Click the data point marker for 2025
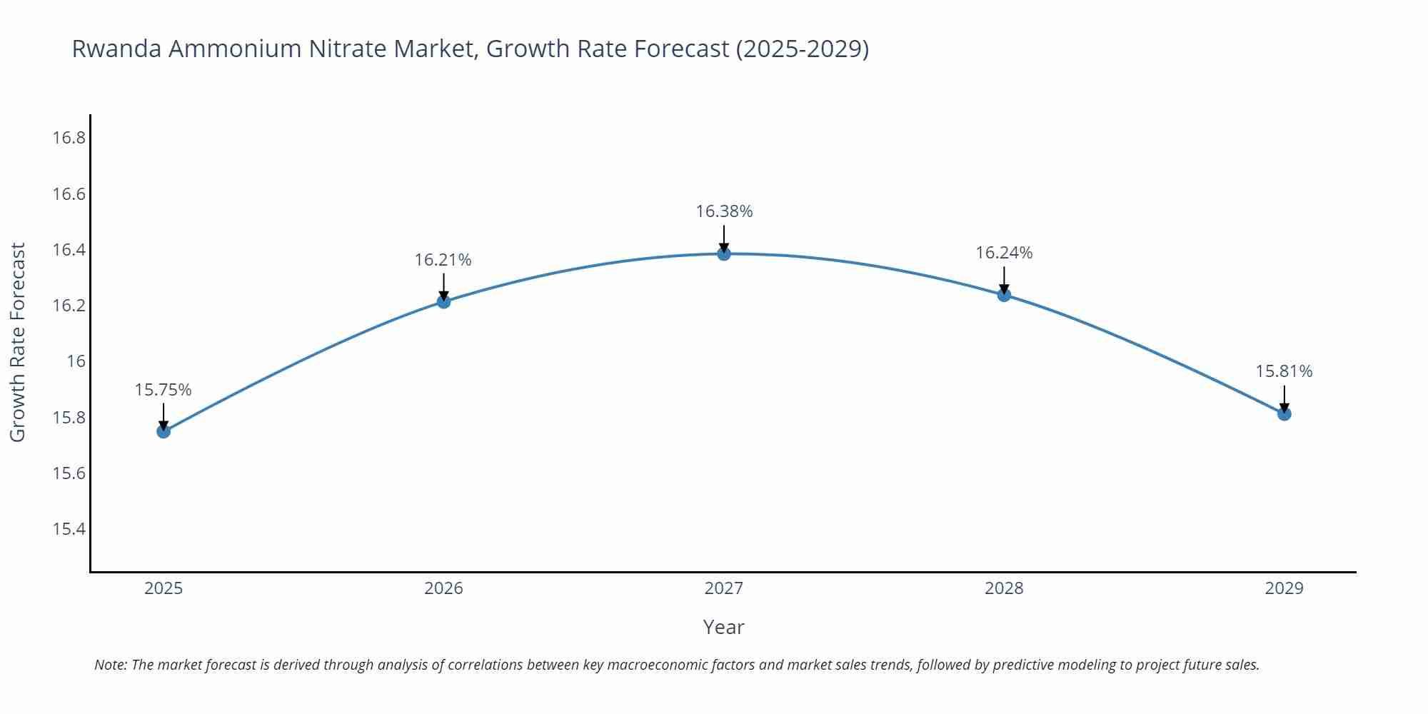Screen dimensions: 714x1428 click(164, 431)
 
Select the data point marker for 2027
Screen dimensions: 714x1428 click(724, 253)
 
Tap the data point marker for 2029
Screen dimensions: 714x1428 click(1284, 413)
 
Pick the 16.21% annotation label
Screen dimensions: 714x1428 click(443, 260)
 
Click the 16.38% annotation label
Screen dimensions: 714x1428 click(724, 211)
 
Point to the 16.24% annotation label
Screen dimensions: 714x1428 click(1004, 253)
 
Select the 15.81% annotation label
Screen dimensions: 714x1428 click(1284, 371)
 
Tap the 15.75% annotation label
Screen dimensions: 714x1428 click(164, 390)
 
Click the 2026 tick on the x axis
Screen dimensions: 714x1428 click(443, 588)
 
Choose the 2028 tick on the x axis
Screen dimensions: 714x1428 click(1004, 588)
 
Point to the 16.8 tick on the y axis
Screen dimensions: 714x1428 click(69, 138)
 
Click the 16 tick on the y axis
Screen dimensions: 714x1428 click(76, 361)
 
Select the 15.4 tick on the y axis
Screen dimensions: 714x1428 click(69, 529)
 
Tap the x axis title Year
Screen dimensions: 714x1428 click(723, 627)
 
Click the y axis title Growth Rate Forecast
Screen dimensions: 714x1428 click(18, 342)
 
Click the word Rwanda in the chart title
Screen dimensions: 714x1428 click(116, 49)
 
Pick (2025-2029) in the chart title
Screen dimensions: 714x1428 click(802, 49)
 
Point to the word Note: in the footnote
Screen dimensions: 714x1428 click(111, 665)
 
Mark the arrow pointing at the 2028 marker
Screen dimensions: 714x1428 click(1004, 281)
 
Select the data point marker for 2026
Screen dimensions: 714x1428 click(443, 301)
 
